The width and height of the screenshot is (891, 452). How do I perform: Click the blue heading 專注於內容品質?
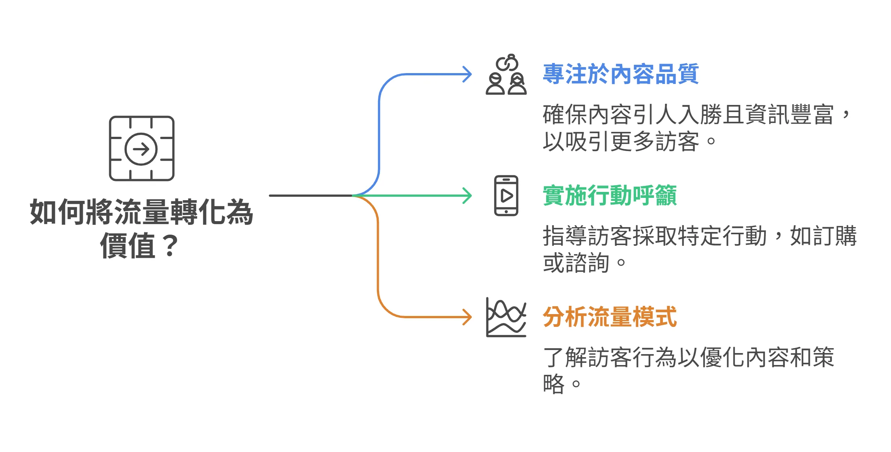(x=621, y=74)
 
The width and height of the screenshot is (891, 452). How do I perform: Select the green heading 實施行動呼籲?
(x=610, y=195)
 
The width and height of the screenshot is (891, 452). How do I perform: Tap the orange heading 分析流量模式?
(x=610, y=317)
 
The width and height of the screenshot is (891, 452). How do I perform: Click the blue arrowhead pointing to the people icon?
(x=467, y=74)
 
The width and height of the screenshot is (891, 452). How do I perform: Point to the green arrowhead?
(x=467, y=196)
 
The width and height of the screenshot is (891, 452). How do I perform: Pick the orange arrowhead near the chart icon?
(x=467, y=317)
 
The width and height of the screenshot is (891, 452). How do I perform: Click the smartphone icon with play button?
(x=506, y=196)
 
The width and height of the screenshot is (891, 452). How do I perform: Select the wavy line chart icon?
(x=506, y=317)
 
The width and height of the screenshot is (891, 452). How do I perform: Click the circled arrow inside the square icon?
(x=141, y=149)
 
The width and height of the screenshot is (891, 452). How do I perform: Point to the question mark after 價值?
(x=171, y=245)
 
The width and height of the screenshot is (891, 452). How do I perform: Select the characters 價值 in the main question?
(x=127, y=245)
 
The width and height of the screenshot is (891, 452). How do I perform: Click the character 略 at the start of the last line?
(x=553, y=383)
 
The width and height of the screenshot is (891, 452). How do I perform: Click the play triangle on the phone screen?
(x=507, y=196)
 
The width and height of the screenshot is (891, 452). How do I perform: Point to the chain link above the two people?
(x=507, y=63)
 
